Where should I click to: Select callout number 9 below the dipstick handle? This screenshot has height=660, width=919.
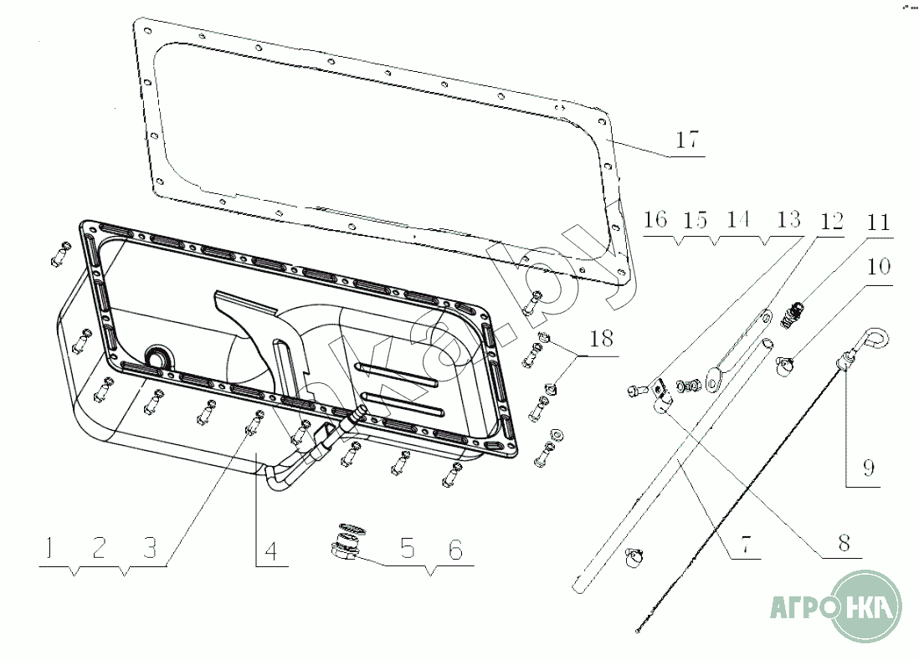click(868, 468)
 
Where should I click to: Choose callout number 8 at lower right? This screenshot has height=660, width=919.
click(844, 542)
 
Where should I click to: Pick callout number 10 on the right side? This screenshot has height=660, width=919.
click(878, 268)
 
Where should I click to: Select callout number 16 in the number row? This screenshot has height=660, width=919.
click(655, 221)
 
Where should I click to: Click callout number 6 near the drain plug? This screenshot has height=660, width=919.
click(454, 549)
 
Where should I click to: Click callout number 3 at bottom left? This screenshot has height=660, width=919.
click(149, 549)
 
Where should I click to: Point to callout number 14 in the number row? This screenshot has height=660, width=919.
click(737, 221)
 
